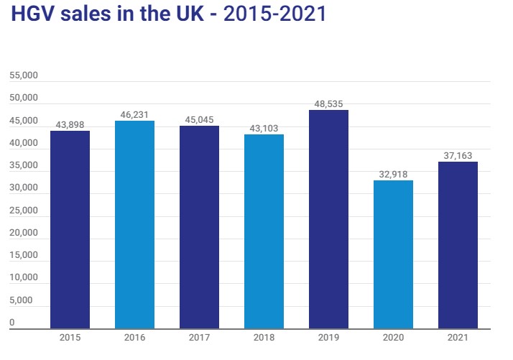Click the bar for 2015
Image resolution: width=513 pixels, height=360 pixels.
70,229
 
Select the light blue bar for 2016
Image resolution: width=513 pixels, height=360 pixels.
134,224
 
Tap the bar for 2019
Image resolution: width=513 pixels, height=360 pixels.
328,219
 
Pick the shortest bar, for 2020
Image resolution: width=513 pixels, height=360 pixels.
393,254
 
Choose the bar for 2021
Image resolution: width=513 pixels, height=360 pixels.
458,245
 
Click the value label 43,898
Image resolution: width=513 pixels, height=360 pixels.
70,124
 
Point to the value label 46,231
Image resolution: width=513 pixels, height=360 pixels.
134,114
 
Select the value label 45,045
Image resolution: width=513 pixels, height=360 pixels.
199,119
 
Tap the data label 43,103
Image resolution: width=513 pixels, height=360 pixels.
264,128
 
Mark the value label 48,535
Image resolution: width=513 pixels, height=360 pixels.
328,103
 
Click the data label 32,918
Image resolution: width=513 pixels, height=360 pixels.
393,174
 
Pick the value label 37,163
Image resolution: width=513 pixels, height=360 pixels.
458,155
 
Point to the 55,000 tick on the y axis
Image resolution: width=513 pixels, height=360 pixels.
23,75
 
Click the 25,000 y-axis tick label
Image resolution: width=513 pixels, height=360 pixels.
23,211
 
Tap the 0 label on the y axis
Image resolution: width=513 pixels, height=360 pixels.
12,323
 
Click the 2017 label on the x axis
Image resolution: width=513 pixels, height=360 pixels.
199,338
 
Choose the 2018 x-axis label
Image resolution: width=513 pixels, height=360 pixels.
264,338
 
